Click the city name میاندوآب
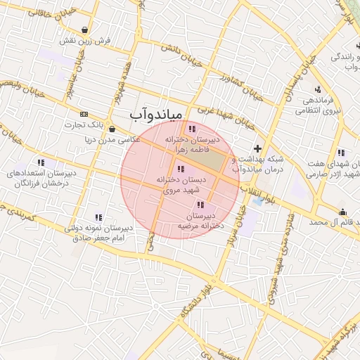coord(156,113)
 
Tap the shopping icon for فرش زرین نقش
coord(85,30)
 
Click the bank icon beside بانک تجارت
coord(84,114)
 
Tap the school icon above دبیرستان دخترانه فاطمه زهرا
coord(192,129)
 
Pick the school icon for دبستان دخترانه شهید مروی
coord(181,169)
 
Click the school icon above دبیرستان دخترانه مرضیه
coord(200,205)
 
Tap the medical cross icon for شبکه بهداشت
coord(258,148)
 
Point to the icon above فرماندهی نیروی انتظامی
coord(319,89)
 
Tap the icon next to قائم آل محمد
coord(342,212)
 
